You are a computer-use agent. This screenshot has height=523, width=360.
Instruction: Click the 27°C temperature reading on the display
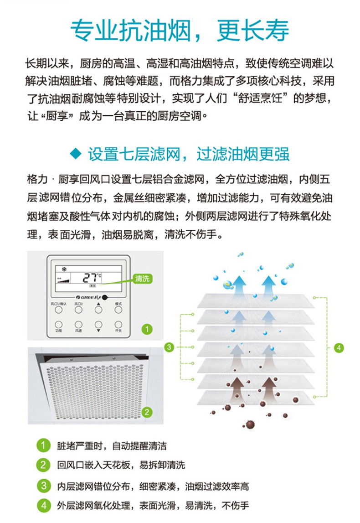click(92, 277)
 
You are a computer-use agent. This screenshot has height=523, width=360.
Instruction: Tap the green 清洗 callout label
click(142, 279)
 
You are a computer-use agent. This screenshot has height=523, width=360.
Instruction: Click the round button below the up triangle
click(98, 310)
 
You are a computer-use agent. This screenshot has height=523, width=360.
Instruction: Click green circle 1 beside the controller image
click(146, 328)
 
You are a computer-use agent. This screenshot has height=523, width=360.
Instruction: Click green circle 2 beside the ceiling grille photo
click(146, 412)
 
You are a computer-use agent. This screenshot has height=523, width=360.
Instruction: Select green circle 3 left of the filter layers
click(169, 347)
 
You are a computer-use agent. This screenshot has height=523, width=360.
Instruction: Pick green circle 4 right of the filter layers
click(339, 347)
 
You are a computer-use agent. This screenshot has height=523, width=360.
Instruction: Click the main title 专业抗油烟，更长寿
click(180, 31)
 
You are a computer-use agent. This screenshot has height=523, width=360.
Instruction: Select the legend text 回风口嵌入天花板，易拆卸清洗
click(121, 466)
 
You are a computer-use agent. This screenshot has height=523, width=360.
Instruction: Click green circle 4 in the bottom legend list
click(43, 505)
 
